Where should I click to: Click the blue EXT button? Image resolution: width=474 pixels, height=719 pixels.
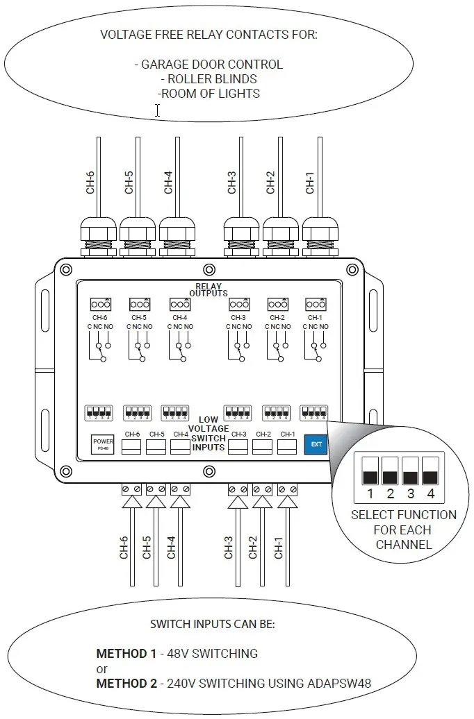[x=316, y=443]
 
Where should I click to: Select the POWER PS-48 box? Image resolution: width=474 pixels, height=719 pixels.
[x=103, y=443]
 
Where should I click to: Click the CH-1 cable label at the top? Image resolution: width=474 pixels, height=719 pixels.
[x=310, y=183]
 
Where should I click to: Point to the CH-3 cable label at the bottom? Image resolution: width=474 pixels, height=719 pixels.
[x=229, y=547]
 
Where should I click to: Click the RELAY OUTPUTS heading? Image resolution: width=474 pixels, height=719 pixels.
[x=209, y=289]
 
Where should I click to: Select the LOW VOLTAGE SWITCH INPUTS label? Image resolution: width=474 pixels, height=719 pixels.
[x=209, y=434]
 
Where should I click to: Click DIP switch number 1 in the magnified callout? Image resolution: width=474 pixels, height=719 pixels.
[x=371, y=471]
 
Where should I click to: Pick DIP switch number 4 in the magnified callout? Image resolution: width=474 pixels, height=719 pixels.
[x=431, y=471]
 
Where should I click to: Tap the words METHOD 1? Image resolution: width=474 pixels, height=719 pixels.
[x=126, y=653]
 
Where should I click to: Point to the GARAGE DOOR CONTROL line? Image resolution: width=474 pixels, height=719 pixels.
[x=209, y=64]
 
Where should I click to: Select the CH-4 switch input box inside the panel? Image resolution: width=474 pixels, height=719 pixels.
[x=181, y=446]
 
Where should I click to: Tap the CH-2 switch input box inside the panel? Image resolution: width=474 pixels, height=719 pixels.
[x=263, y=446]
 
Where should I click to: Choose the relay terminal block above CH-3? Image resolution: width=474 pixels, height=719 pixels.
[x=239, y=304]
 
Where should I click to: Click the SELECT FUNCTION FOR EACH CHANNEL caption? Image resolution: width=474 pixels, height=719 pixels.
[x=404, y=530]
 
